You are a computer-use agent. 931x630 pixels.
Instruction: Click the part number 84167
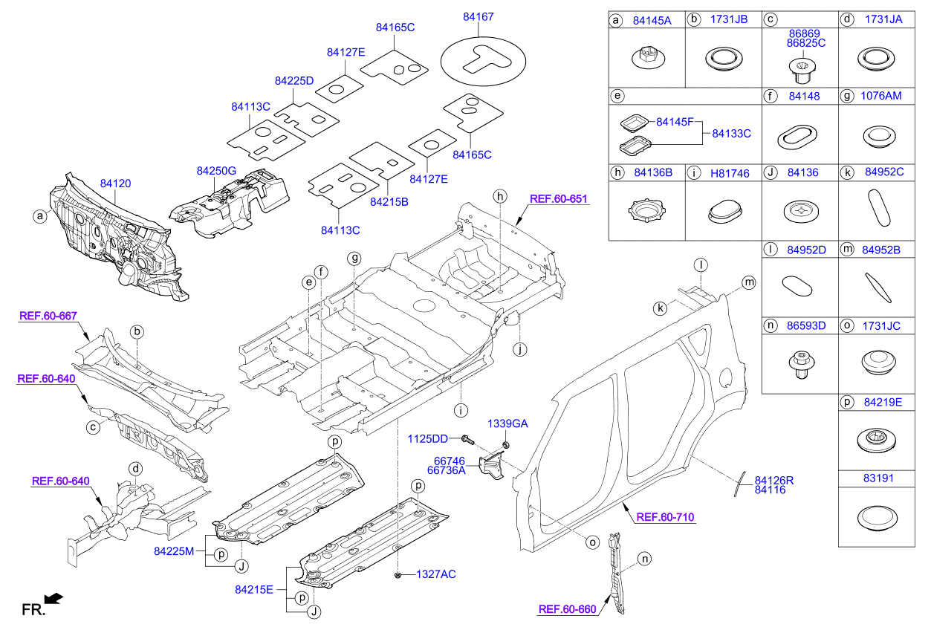click(x=478, y=16)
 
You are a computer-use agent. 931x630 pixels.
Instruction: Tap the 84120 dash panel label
click(x=117, y=182)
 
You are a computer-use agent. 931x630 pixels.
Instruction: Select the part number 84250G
click(x=216, y=171)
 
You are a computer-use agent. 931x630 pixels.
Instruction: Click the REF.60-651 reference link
click(x=558, y=198)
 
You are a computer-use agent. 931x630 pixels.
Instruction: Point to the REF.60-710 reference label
click(x=666, y=517)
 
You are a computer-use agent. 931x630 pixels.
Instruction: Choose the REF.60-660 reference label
click(x=567, y=610)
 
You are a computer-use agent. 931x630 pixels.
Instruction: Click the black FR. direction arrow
click(x=53, y=598)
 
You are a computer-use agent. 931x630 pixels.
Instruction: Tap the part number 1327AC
click(x=435, y=574)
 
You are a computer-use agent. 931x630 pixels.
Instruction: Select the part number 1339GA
click(x=507, y=423)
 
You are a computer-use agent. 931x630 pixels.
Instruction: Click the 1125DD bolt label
click(x=427, y=439)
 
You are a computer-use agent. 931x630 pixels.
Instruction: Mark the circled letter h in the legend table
click(x=616, y=173)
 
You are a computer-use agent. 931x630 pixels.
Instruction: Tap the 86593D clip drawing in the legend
click(x=799, y=363)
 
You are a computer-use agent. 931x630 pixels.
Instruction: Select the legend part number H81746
click(x=729, y=173)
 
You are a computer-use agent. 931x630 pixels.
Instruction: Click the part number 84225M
click(x=174, y=551)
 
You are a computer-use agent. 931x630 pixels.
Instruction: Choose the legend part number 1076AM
click(x=883, y=96)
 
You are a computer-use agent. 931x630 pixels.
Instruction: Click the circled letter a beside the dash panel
click(x=39, y=216)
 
